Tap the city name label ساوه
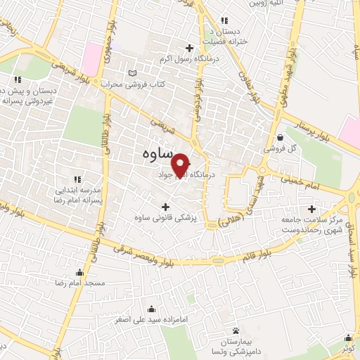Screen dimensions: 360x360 (x=152, y=153)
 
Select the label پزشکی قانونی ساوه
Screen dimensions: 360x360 (x=167, y=218)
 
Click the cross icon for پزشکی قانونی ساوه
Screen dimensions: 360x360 (x=167, y=207)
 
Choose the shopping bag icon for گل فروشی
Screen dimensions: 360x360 (x=281, y=136)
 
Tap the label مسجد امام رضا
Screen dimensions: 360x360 (x=79, y=283)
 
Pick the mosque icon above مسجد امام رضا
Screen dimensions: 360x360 (x=79, y=272)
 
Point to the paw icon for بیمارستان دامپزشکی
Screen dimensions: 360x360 (x=236, y=330)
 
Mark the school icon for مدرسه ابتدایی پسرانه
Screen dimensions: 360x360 (x=77, y=179)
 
